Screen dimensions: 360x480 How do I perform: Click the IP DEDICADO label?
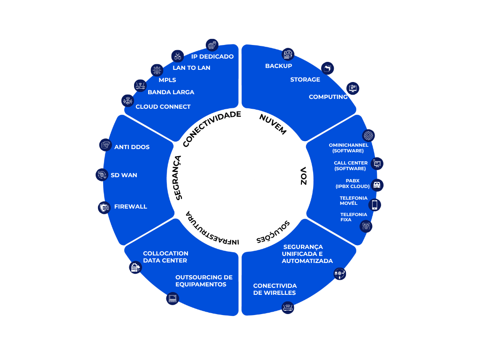click(212, 56)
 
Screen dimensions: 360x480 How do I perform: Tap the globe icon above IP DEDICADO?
click(212, 45)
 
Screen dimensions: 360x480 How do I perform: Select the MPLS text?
click(167, 80)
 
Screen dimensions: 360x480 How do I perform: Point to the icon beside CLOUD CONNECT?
click(127, 101)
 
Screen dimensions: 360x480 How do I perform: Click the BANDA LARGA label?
click(171, 92)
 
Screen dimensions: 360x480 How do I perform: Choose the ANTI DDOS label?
click(132, 147)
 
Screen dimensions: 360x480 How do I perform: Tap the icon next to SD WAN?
click(102, 175)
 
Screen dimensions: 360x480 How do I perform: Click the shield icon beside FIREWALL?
click(104, 207)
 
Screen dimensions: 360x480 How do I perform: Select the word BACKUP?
click(278, 66)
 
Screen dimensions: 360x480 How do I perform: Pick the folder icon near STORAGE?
click(327, 68)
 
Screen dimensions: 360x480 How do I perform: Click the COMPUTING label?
click(328, 97)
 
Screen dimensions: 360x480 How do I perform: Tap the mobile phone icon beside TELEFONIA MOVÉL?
click(375, 205)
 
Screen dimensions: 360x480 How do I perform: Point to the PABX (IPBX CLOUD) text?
click(352, 183)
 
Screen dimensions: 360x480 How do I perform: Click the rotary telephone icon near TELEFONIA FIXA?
click(366, 226)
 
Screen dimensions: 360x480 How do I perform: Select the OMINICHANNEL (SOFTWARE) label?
click(348, 148)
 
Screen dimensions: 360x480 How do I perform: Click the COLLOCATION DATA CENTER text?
click(165, 257)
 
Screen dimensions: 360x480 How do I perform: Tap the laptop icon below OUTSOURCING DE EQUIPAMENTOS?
click(173, 299)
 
